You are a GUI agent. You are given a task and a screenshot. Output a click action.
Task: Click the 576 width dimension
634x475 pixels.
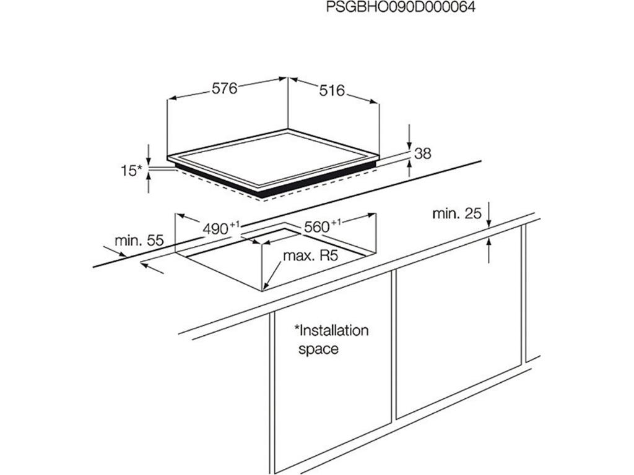[x=225, y=88]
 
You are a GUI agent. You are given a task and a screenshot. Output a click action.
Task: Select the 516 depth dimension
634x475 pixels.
[x=332, y=91]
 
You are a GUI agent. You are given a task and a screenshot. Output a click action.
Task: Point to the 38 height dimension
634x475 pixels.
[x=423, y=153]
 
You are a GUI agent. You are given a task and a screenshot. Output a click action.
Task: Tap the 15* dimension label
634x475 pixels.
[x=131, y=171]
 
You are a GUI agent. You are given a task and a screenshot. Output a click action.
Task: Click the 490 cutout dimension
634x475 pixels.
[x=216, y=228]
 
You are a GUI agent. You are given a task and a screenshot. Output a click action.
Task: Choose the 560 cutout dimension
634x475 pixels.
[x=316, y=227]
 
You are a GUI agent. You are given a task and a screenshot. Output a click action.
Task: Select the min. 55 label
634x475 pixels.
[x=139, y=241]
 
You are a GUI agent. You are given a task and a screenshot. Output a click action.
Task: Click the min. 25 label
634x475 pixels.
[x=457, y=214]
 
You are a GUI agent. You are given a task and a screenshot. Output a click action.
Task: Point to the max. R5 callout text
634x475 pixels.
[x=310, y=256]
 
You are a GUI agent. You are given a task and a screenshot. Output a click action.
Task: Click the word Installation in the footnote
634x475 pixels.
[x=331, y=330]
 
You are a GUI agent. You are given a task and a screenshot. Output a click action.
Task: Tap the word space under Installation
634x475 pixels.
[x=319, y=349]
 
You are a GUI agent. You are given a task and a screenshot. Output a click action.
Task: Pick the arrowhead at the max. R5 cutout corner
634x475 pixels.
[x=264, y=286]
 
